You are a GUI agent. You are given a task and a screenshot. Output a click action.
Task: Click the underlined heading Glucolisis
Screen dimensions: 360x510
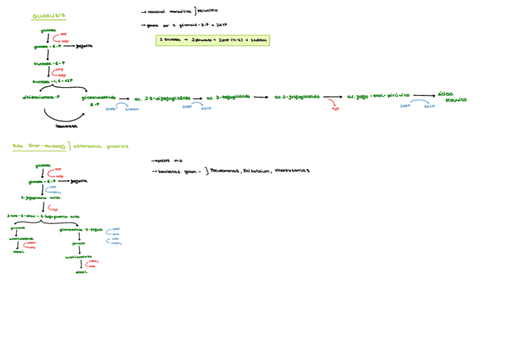[x=49, y=16]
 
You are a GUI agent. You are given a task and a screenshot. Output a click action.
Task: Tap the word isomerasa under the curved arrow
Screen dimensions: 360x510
[x=66, y=126]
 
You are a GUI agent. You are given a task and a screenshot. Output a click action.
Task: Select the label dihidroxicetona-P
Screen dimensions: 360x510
[x=41, y=96]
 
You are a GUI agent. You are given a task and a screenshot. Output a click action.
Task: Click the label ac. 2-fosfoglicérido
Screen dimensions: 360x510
[x=297, y=97]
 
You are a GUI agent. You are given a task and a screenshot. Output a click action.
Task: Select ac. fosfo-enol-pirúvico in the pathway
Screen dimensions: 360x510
[x=378, y=96]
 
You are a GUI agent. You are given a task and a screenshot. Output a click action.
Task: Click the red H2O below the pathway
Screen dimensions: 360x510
[x=336, y=109]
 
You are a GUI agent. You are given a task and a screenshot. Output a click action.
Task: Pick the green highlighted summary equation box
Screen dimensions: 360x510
[x=212, y=40]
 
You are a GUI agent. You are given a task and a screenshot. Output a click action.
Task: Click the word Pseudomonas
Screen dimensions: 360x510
[x=224, y=171]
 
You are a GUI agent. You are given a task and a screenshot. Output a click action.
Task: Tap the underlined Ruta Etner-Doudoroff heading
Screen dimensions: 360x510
[x=38, y=146]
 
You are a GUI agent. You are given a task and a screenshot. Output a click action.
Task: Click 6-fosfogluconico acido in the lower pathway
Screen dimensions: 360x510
[x=41, y=197]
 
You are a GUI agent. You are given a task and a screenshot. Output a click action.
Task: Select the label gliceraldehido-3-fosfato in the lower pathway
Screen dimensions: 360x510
[x=81, y=230]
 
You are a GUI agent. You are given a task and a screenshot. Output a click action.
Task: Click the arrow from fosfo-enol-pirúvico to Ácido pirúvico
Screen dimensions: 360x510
[x=424, y=96]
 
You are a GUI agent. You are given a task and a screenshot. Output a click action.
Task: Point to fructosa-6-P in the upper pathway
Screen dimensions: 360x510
[x=49, y=63]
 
